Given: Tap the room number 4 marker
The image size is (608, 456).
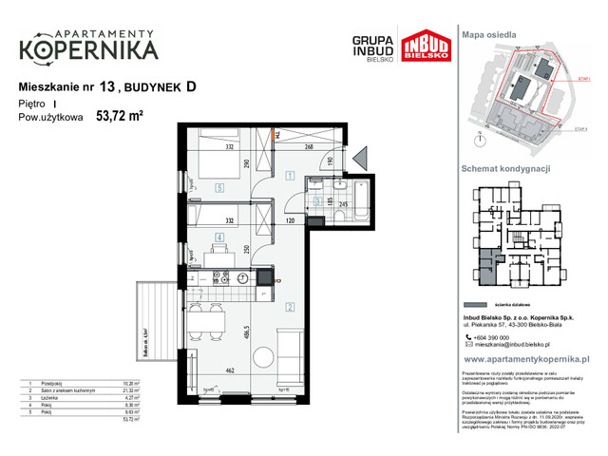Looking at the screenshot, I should [218, 237].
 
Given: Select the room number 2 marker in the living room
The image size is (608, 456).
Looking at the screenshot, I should [289, 306].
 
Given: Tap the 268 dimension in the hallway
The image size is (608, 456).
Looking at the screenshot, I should [309, 147].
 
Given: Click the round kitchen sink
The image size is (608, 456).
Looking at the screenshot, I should [243, 278].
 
